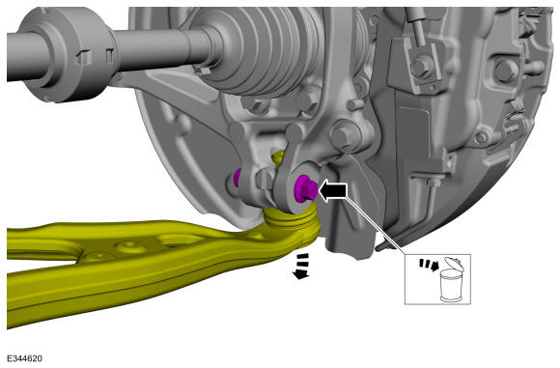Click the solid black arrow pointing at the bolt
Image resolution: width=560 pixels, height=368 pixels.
332,191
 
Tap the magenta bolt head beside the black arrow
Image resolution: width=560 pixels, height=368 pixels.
305,187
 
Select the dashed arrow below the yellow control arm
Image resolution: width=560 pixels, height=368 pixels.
301,266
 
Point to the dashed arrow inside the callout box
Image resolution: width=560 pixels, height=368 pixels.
429,264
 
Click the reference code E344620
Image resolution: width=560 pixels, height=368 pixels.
24,358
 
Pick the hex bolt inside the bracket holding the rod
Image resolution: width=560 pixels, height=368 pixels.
422,67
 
